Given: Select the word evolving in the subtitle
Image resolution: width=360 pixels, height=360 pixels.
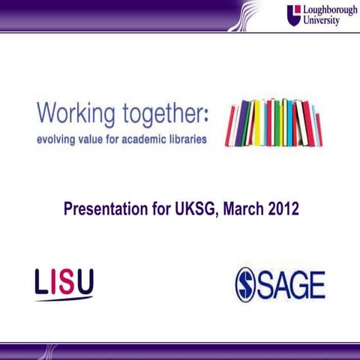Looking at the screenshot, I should click(x=58, y=139).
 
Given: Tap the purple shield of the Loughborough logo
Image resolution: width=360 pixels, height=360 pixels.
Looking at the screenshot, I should click(x=293, y=15).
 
